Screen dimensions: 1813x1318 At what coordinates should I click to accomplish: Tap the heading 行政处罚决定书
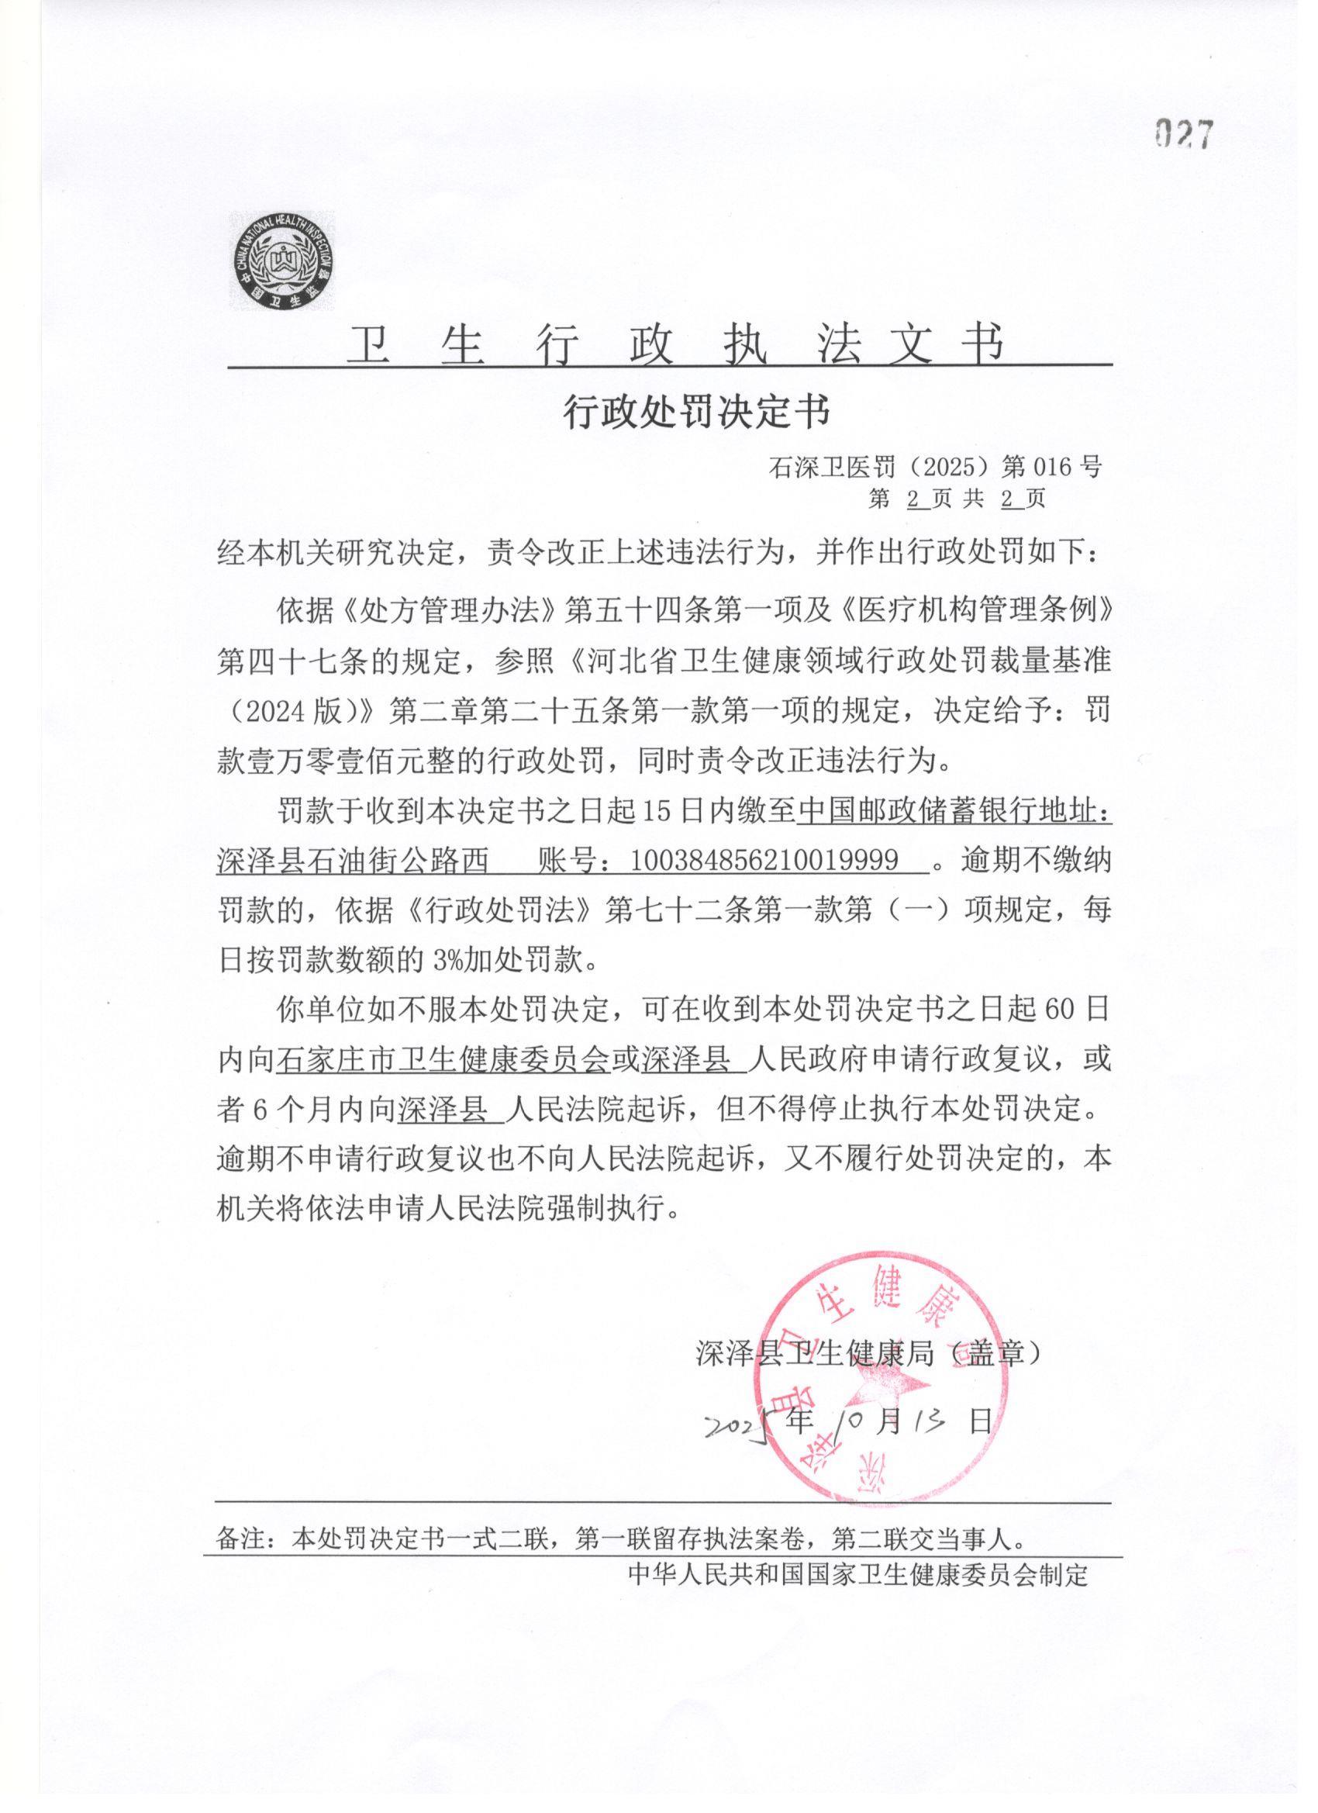pos(697,413)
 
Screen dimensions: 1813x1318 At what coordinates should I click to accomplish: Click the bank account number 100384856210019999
pos(763,860)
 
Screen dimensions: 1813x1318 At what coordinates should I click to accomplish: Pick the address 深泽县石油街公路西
pos(352,860)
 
